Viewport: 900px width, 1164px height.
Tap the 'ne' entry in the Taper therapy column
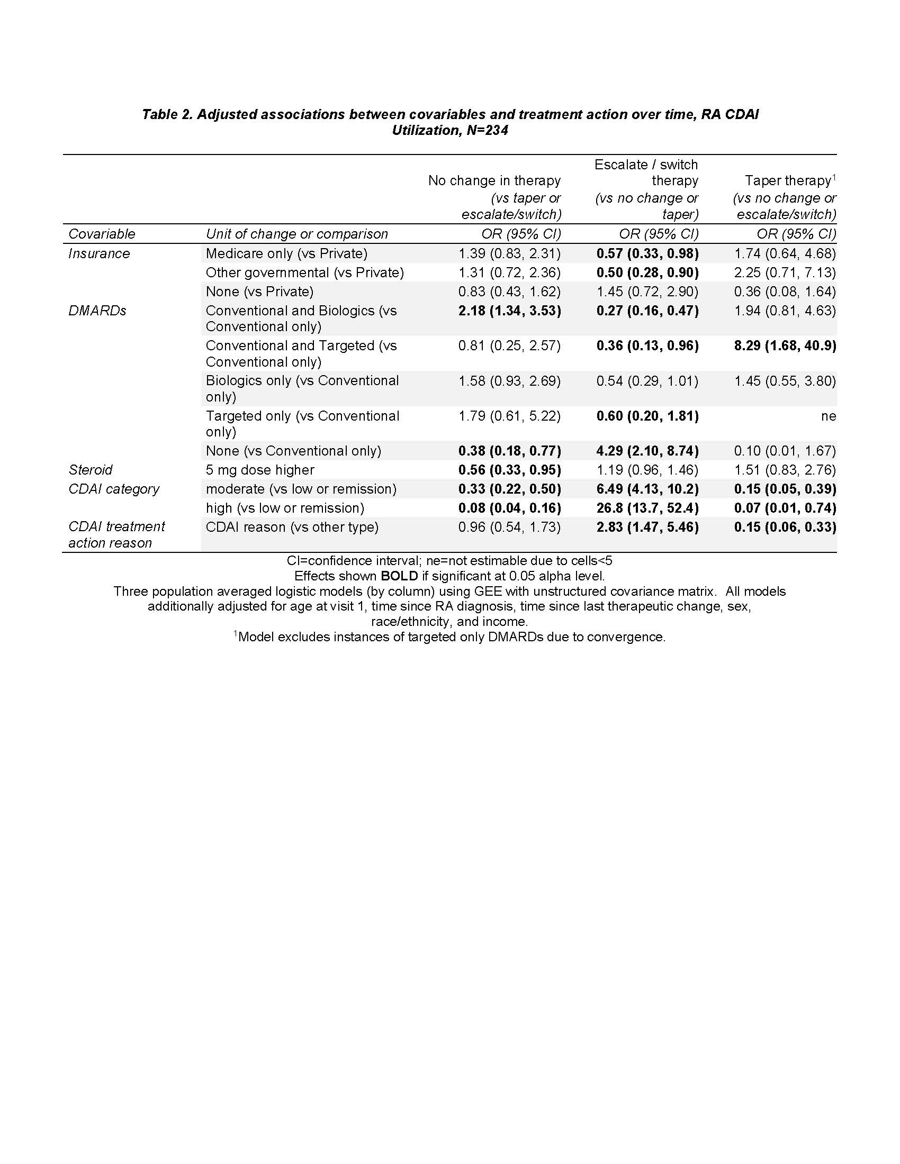coord(828,416)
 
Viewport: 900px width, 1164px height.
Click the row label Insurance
coord(99,253)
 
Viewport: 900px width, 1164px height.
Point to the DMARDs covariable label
coord(97,311)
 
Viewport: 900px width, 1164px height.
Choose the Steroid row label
coord(91,470)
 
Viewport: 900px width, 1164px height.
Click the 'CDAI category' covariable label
coord(114,489)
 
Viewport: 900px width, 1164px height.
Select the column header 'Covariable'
coord(102,234)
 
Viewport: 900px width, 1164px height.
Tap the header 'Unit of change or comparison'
coord(296,234)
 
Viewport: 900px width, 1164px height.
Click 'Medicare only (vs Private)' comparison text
coord(286,253)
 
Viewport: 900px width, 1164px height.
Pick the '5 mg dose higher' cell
coord(259,470)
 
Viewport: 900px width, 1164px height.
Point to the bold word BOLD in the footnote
coord(399,576)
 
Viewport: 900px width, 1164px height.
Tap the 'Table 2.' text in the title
coord(167,115)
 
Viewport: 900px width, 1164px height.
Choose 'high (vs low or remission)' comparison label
coord(285,508)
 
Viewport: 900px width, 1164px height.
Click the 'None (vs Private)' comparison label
coord(259,292)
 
